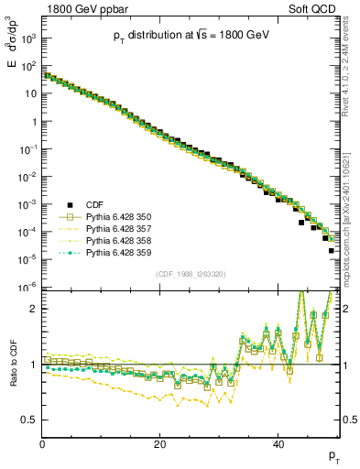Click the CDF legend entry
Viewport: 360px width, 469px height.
point(93,203)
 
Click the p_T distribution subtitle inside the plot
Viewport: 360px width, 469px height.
point(191,36)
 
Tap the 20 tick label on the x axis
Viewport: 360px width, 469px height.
point(160,445)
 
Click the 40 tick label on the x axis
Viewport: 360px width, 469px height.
point(278,445)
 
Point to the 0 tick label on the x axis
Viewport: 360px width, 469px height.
point(43,445)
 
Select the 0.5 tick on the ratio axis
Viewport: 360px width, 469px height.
point(30,420)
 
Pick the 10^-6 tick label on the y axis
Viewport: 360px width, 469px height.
point(28,288)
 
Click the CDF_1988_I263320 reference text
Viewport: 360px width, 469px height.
point(191,273)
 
